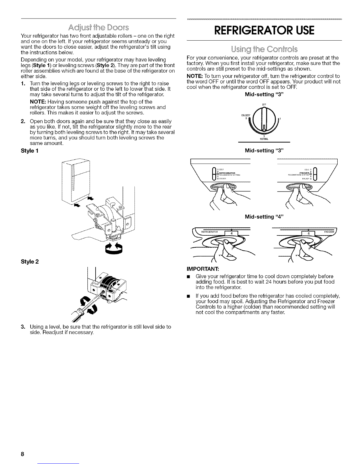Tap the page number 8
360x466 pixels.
point(22,453)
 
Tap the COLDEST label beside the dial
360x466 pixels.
point(246,115)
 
